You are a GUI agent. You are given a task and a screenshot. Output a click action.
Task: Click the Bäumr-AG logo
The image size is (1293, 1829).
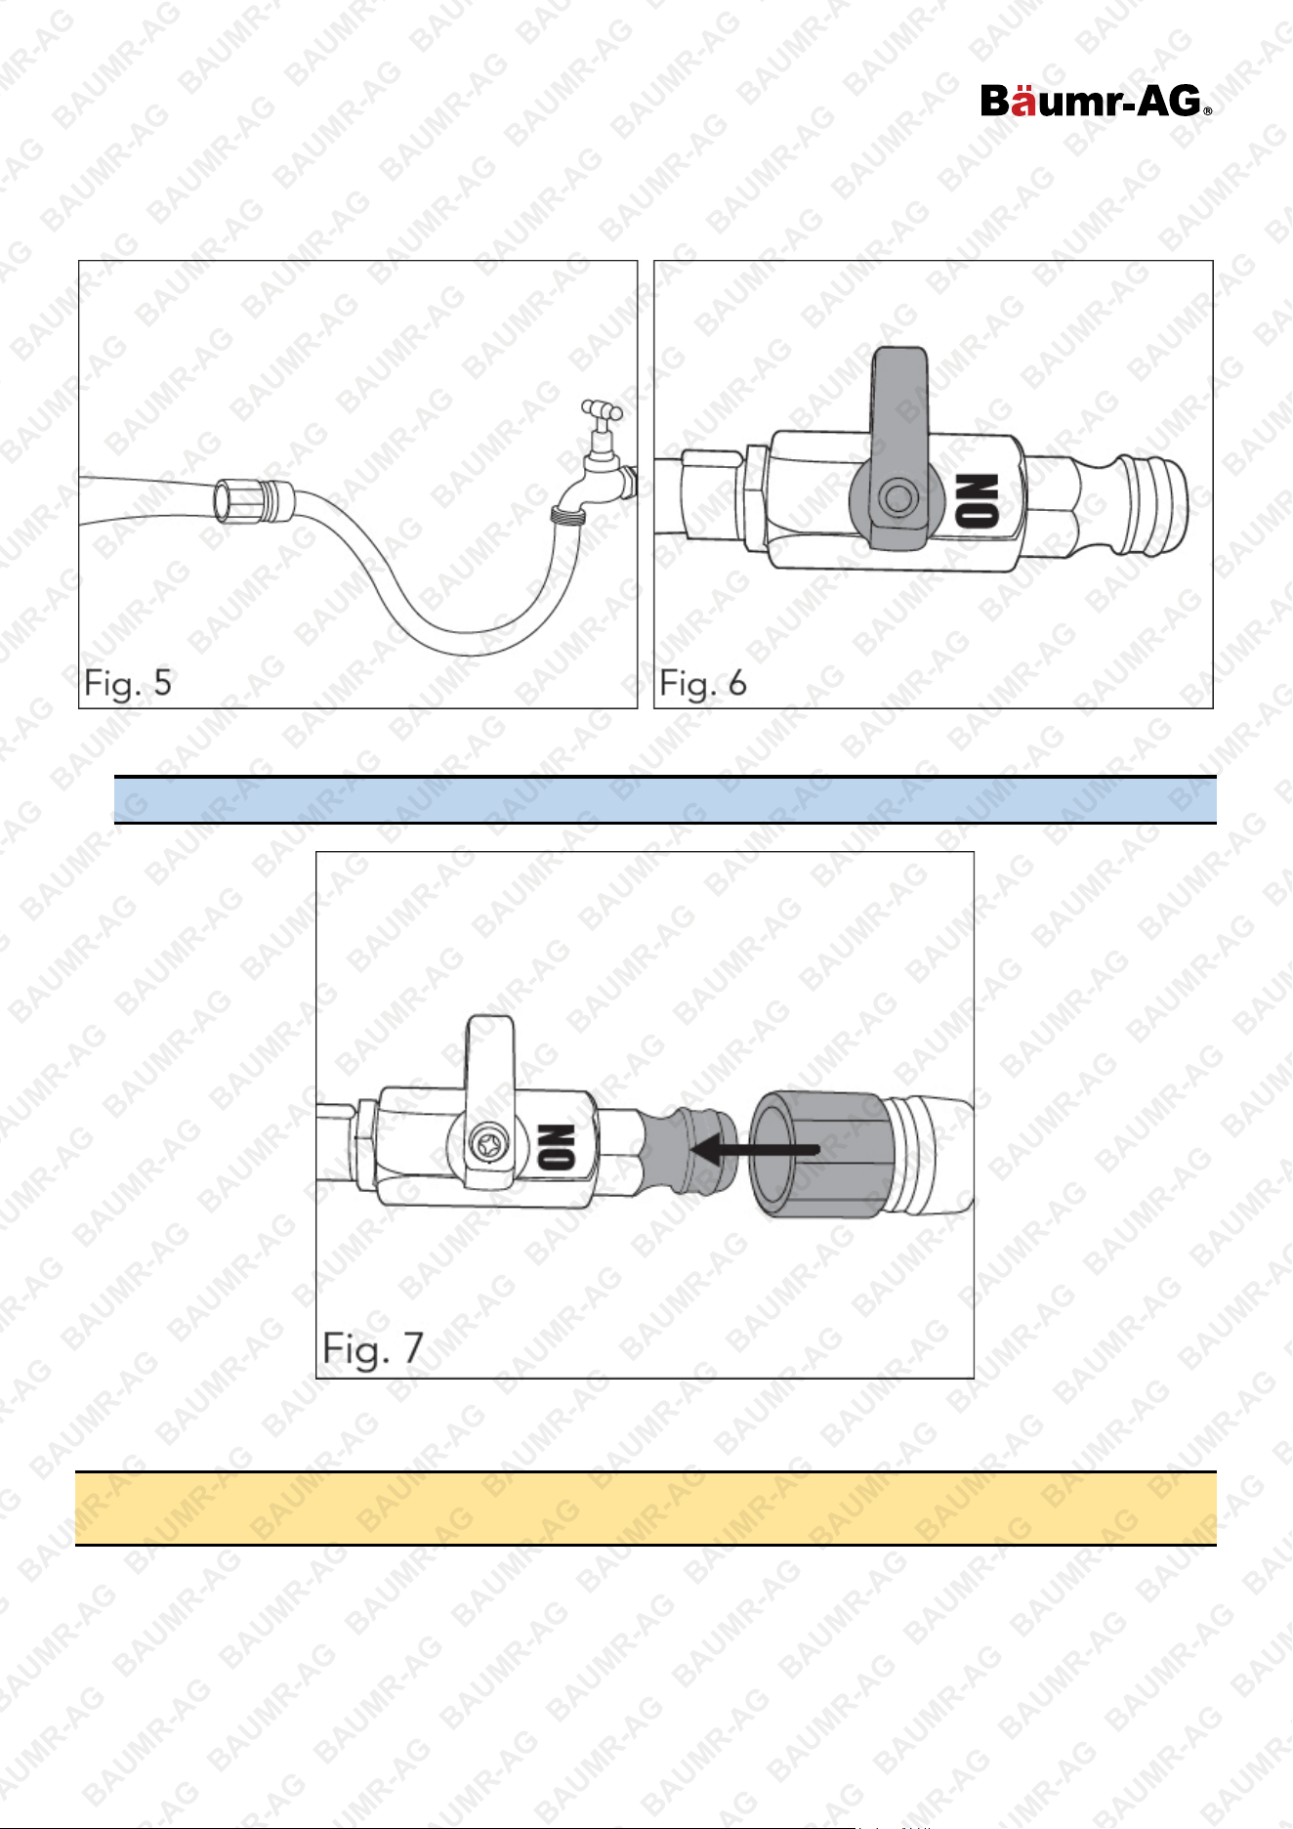coord(1096,101)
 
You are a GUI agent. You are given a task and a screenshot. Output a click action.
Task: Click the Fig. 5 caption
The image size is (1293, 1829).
coord(128,683)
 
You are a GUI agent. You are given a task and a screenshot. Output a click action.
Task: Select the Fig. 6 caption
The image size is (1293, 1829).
coord(703,683)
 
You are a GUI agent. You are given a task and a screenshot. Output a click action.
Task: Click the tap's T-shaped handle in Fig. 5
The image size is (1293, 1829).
coord(602,411)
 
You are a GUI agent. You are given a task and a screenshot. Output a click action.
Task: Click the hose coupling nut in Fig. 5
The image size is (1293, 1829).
coord(252,498)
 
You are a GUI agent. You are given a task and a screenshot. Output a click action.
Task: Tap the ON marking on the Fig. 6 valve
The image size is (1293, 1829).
coord(978,500)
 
